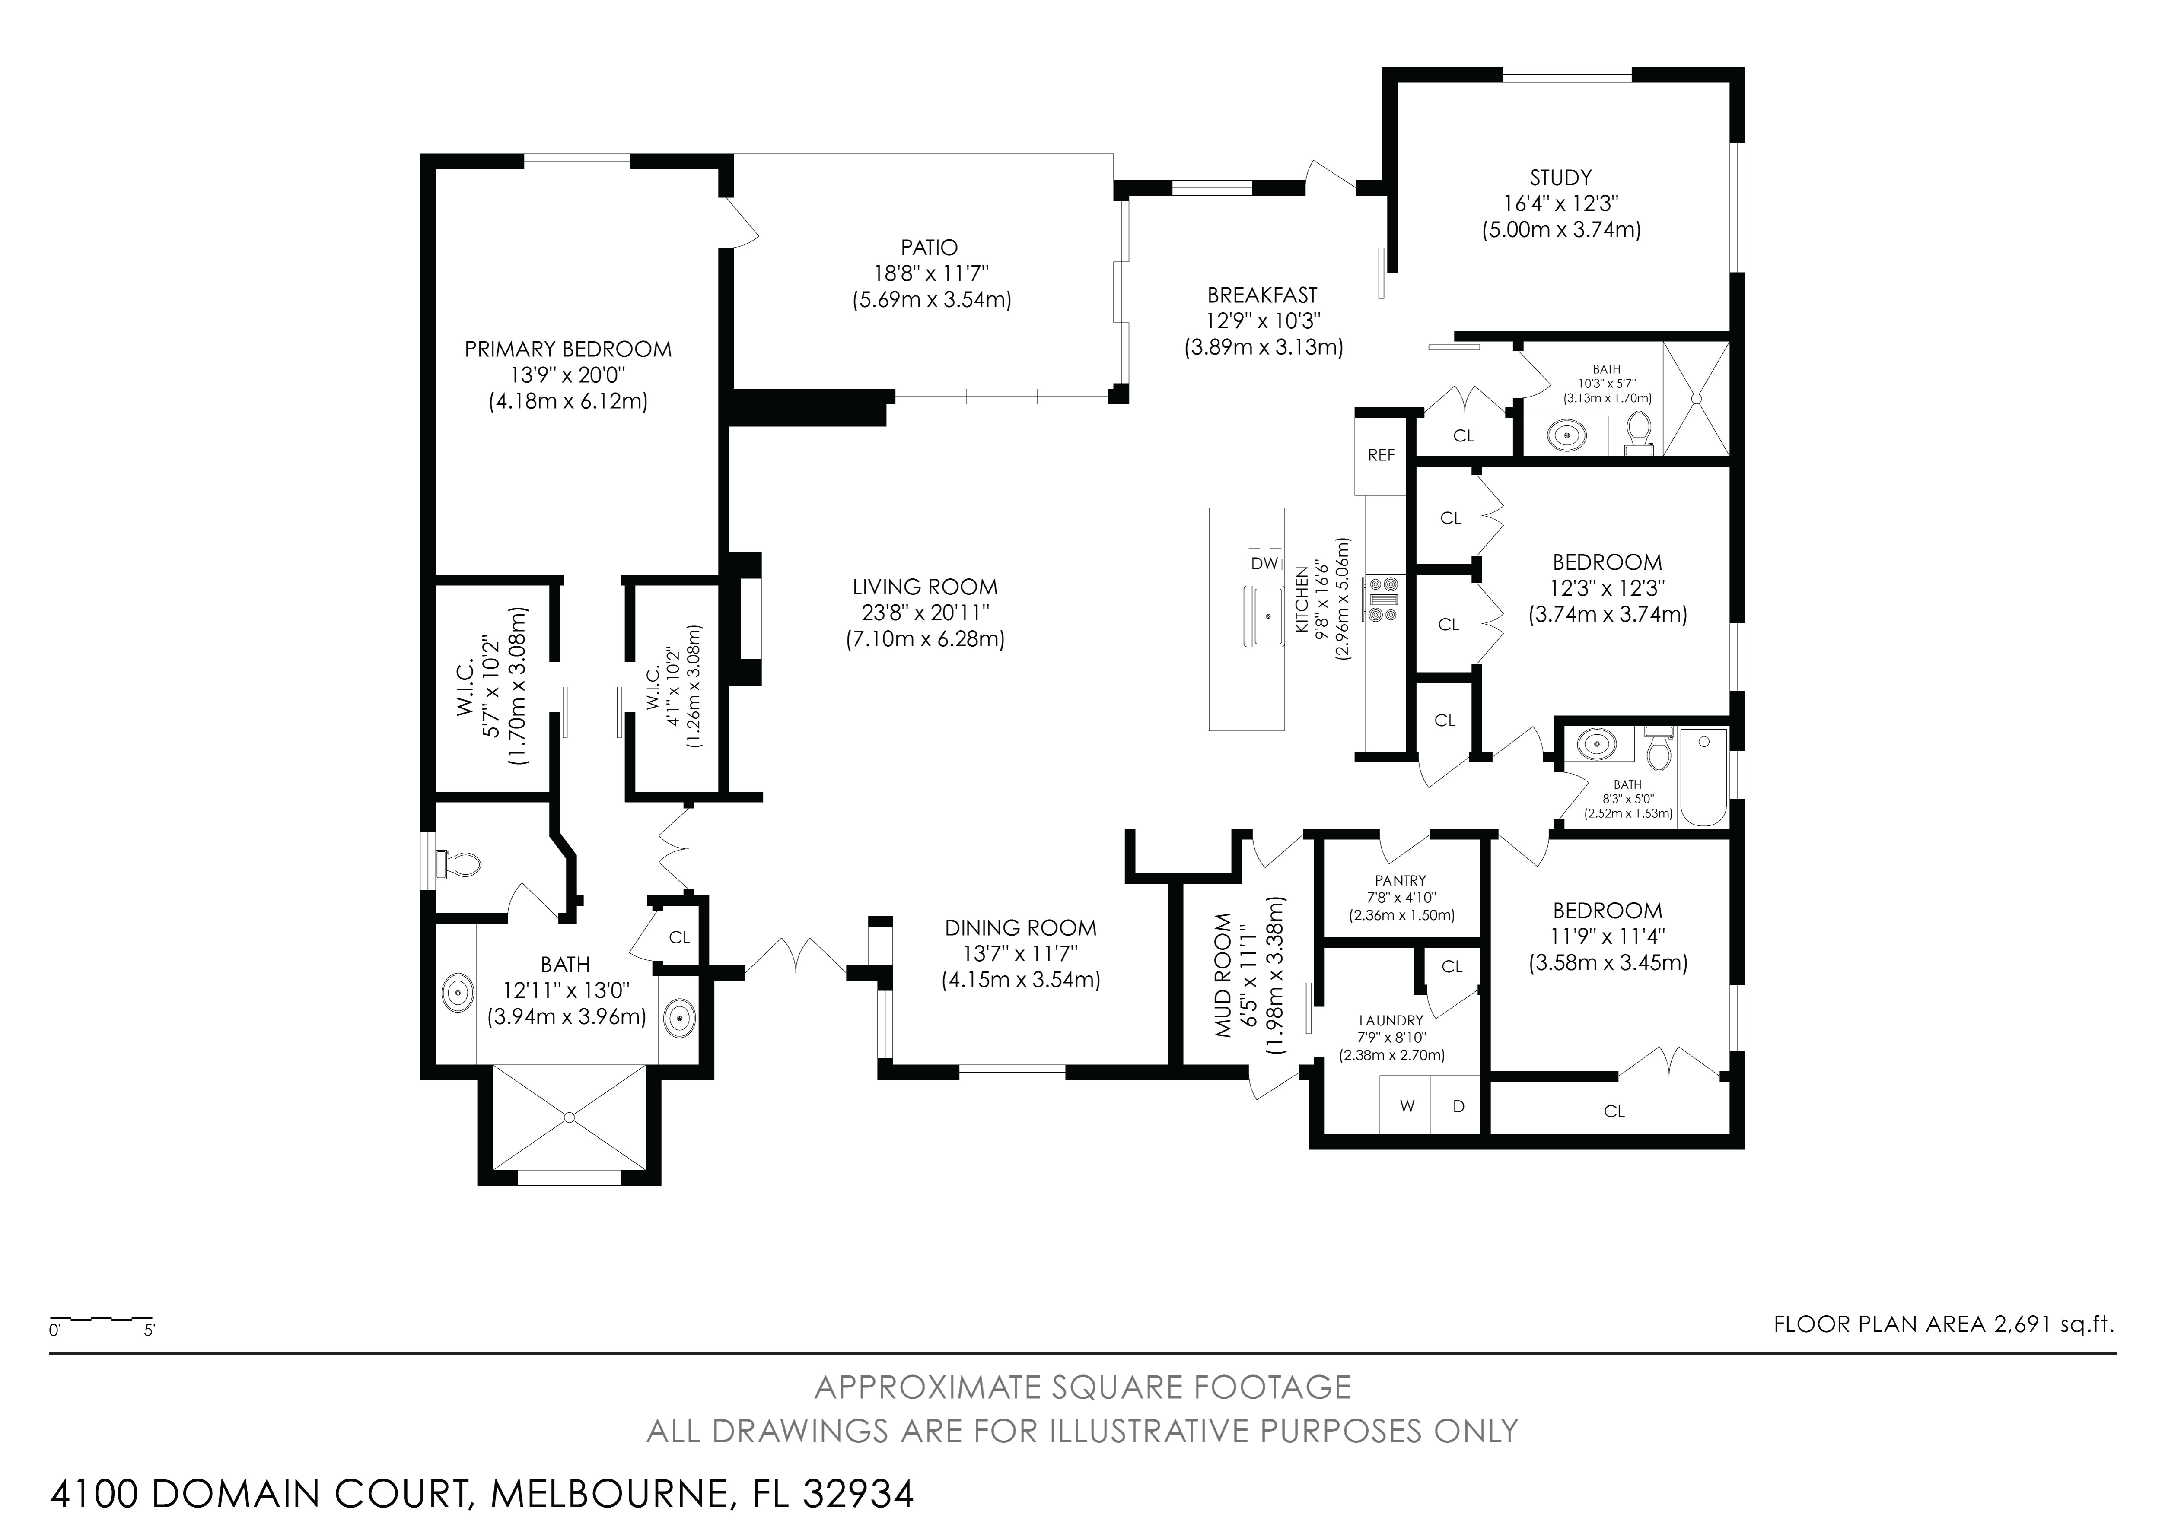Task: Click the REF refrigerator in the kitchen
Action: pyautogui.click(x=1381, y=454)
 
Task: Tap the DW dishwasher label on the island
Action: pyautogui.click(x=1264, y=563)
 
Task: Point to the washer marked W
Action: pyautogui.click(x=1406, y=1106)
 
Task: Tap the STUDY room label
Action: pyautogui.click(x=1560, y=177)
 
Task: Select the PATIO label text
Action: pyautogui.click(x=929, y=247)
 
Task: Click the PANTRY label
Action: pyautogui.click(x=1400, y=879)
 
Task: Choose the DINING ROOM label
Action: pyautogui.click(x=1020, y=927)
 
